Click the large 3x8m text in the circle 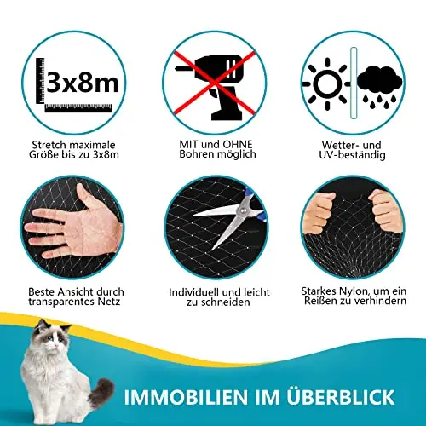click(83, 82)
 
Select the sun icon click(326, 84)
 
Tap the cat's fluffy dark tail click(101, 393)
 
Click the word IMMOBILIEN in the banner click(186, 397)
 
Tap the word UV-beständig click(352, 155)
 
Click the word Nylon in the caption click(354, 291)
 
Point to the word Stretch click(49, 145)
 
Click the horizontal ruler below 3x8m click(78, 107)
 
